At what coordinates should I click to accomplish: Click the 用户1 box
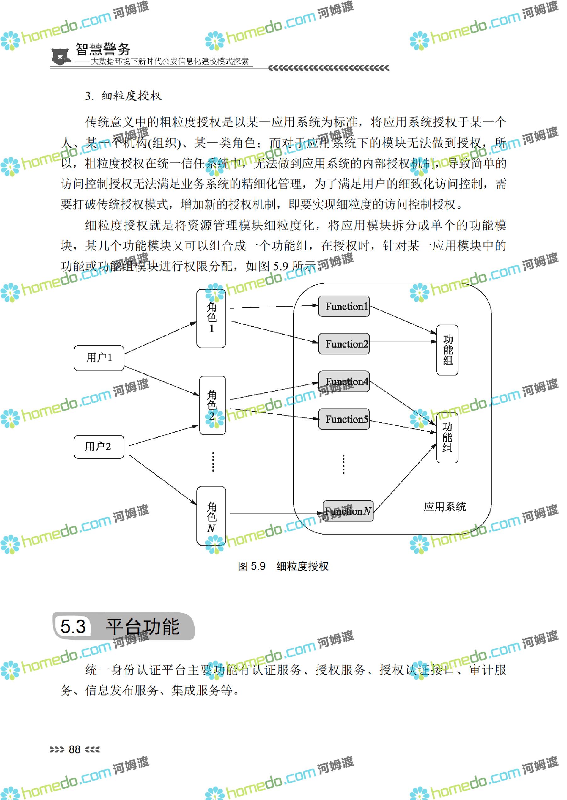click(x=99, y=358)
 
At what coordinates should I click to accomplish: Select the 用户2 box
click(x=99, y=447)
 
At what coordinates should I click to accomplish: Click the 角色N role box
click(x=211, y=515)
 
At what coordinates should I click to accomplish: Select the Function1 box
click(x=344, y=306)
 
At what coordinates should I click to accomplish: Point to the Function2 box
click(x=344, y=344)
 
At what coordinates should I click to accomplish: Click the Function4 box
click(x=344, y=381)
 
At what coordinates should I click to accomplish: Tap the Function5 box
click(x=344, y=419)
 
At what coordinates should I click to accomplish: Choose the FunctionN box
click(x=348, y=511)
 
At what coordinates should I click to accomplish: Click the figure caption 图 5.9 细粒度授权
click(x=283, y=566)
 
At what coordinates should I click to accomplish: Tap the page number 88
click(x=74, y=749)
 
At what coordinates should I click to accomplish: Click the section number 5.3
click(x=73, y=627)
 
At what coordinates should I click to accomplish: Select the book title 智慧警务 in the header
click(x=103, y=49)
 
